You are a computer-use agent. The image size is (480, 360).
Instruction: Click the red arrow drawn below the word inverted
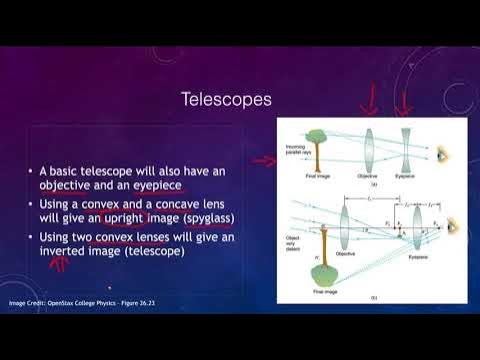point(59,264)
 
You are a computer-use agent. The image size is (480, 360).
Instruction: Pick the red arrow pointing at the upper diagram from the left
point(265,159)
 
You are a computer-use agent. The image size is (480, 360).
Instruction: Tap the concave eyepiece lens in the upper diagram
point(406,150)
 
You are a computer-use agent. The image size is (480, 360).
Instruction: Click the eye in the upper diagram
point(444,155)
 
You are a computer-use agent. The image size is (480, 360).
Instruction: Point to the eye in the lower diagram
point(452,226)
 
